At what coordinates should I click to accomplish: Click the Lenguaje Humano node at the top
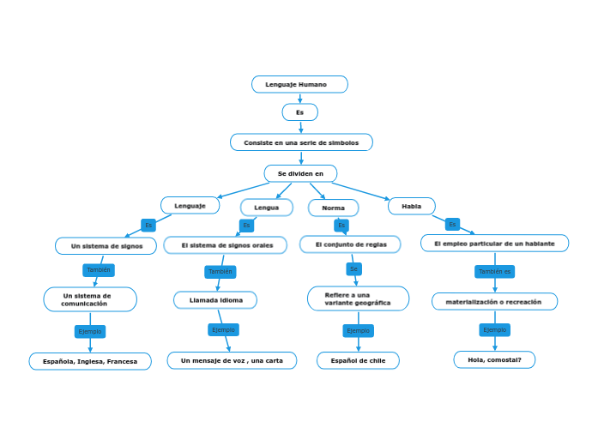point(299,84)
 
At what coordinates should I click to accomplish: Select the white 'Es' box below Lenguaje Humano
point(299,112)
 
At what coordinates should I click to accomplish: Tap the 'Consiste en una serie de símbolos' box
point(301,142)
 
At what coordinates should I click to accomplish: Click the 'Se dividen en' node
point(300,173)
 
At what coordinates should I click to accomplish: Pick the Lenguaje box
point(190,206)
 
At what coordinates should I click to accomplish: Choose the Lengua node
point(266,208)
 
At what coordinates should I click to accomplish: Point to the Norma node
point(333,208)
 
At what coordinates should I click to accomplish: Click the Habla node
point(411,206)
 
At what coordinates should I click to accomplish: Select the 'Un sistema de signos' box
point(106,246)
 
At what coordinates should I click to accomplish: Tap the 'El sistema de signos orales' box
point(227,245)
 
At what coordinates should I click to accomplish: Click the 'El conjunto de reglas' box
point(350,244)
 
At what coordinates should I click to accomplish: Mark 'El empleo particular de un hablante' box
point(494,244)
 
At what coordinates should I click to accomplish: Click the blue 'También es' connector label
point(494,271)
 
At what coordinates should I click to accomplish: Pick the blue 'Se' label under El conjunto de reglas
point(353,269)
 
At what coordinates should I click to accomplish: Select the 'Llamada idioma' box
point(215,300)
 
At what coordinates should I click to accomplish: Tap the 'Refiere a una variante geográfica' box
point(358,298)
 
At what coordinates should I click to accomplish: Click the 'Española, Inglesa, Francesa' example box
point(90,361)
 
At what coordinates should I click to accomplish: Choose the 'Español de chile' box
point(358,361)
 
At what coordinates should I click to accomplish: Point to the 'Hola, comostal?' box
point(494,359)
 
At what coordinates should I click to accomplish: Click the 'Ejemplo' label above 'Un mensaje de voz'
point(223,329)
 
